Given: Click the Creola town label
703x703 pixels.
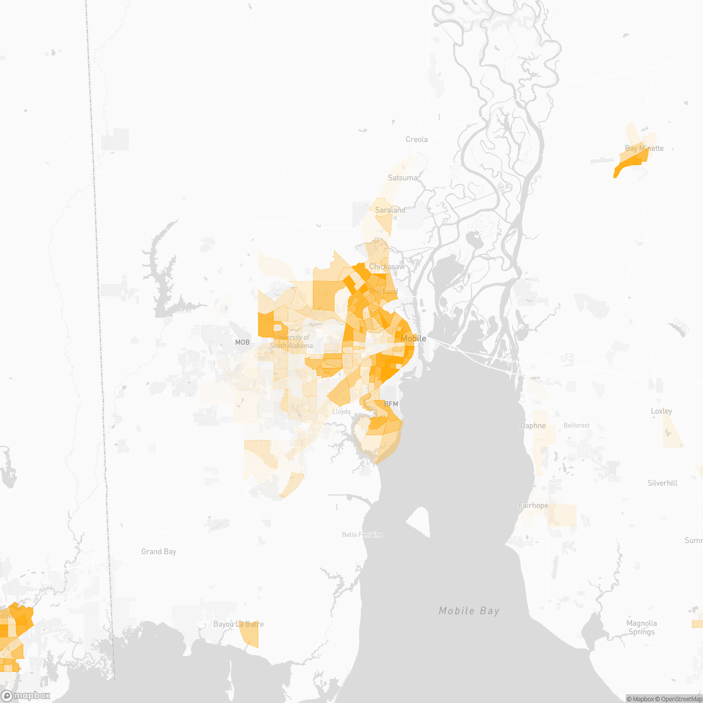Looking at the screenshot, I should [x=417, y=139].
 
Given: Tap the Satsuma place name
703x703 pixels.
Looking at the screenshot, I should [x=403, y=178].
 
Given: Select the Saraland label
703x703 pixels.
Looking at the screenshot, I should [x=390, y=210].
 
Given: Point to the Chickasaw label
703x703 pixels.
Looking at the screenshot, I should [x=387, y=267].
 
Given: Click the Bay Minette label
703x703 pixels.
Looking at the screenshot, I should [x=644, y=148].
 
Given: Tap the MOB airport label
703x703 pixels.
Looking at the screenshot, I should [x=242, y=342].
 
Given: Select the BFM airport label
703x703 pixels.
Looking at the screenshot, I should [x=391, y=404].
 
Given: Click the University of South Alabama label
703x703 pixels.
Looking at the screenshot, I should [x=291, y=342].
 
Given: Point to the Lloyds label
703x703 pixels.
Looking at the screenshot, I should [x=342, y=412].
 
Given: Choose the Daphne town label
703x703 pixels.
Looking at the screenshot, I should [x=533, y=426].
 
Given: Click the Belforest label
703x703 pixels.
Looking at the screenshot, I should [x=576, y=425].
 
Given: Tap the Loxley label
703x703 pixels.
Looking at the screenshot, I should [x=661, y=411].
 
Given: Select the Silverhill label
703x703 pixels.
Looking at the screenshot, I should [x=663, y=483].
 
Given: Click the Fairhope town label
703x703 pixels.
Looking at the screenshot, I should [x=533, y=506].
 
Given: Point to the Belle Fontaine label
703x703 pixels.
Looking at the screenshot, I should [x=363, y=534].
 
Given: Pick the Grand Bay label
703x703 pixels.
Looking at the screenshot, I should [x=159, y=552].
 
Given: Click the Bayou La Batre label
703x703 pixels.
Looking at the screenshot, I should [x=238, y=624].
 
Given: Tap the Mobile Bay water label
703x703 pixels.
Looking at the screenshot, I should [x=469, y=611].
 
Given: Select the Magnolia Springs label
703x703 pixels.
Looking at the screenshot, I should [x=641, y=627].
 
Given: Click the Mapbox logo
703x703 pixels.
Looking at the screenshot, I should [x=26, y=695].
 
